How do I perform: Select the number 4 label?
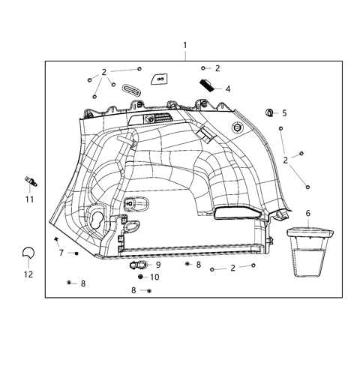(228, 88)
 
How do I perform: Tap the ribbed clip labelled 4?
(206, 84)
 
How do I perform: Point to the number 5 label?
(284, 113)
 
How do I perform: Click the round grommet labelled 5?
(269, 113)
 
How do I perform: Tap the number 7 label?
(61, 253)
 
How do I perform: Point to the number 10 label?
(154, 277)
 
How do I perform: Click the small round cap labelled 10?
(140, 277)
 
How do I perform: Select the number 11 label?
(29, 199)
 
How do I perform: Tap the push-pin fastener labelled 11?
(31, 181)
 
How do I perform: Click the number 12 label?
(29, 274)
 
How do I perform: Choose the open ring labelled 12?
(28, 254)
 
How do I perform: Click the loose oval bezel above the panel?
(130, 91)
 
